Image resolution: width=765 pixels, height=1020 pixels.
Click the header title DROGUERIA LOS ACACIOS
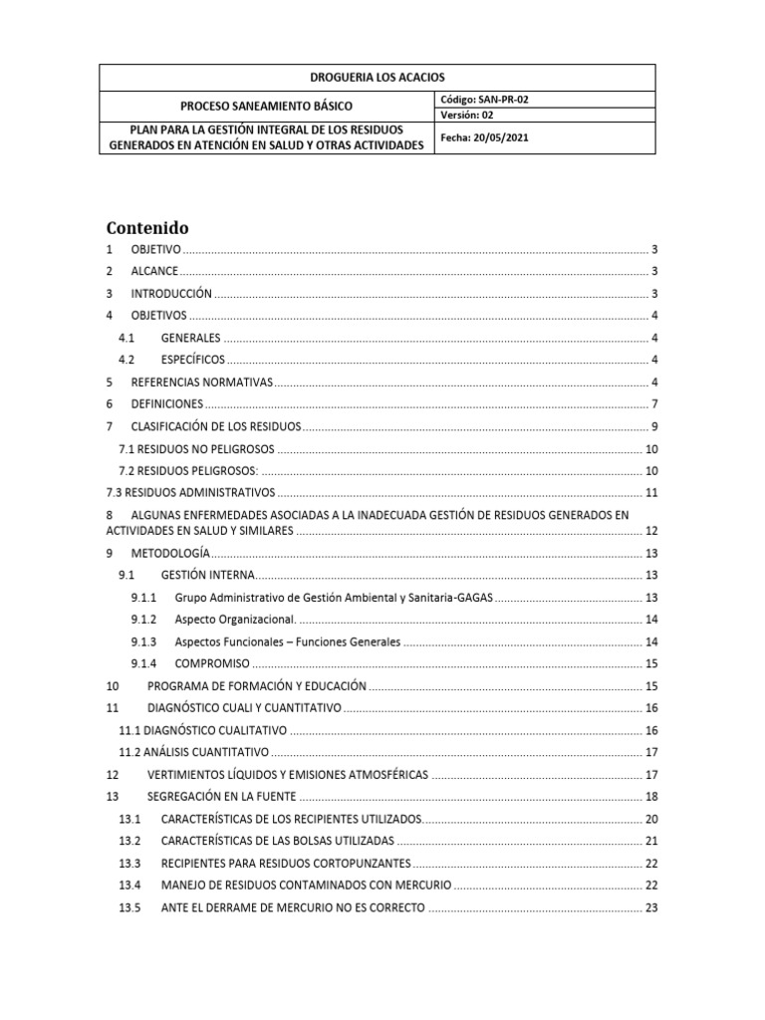378,78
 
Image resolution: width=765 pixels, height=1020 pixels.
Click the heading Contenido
147,228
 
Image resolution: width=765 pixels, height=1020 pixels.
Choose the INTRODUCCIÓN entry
171,294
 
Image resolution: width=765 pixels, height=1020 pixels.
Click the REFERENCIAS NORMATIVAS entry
200,382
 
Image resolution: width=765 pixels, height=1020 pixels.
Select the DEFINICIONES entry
166,404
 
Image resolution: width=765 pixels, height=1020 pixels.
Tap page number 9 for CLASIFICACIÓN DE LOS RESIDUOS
652,426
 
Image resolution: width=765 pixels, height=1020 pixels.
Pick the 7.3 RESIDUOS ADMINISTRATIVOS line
189,492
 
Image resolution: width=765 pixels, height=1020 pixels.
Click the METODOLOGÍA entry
169,552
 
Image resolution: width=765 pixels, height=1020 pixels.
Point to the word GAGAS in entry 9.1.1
472,597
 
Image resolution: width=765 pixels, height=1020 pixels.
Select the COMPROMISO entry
210,663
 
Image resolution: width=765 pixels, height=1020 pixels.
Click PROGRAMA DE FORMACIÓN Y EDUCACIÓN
257,685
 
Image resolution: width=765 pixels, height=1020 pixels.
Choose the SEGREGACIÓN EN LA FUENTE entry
222,796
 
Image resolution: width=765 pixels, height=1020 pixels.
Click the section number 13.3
130,863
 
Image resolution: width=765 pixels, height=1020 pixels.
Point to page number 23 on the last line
652,907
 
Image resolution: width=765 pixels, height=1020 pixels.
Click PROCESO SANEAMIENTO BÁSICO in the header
265,107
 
